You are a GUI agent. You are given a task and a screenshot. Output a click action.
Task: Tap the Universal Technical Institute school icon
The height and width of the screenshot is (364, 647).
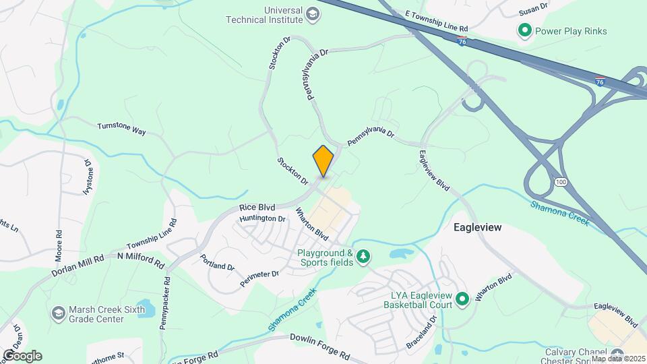pyautogui.click(x=313, y=13)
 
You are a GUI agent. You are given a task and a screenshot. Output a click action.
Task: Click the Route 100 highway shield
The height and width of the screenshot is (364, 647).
pyautogui.click(x=561, y=183)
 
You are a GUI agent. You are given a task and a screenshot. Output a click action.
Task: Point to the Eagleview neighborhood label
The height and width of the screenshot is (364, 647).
pyautogui.click(x=477, y=228)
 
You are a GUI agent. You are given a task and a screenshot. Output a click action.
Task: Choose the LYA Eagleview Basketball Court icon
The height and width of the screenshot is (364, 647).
pyautogui.click(x=462, y=299)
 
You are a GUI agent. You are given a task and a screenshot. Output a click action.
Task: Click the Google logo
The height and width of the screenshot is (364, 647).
pyautogui.click(x=22, y=355)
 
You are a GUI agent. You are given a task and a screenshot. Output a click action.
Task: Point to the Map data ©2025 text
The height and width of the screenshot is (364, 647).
pyautogui.click(x=618, y=359)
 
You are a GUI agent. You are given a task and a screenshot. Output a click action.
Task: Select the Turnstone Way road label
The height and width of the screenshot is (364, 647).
pyautogui.click(x=121, y=129)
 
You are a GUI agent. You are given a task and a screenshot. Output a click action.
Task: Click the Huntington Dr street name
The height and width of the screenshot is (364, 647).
pyautogui.click(x=262, y=218)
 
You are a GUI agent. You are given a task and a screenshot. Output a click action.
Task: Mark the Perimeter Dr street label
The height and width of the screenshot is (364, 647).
pyautogui.click(x=259, y=277)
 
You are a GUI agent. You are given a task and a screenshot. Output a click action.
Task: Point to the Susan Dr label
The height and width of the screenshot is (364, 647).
pyautogui.click(x=534, y=12)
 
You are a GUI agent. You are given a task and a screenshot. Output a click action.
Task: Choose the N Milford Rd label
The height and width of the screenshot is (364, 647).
pyautogui.click(x=140, y=259)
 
